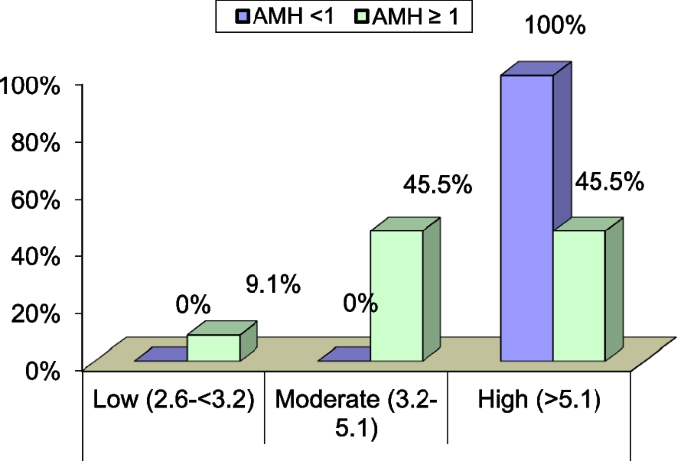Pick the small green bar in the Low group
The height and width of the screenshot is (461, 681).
click(x=213, y=347)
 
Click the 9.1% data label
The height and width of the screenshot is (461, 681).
click(x=271, y=287)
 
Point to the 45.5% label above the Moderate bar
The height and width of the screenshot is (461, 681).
click(x=435, y=185)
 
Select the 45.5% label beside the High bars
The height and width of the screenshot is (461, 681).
click(x=608, y=182)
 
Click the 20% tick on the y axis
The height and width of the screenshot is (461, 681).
click(x=36, y=313)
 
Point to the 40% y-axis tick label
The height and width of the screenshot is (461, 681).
click(x=36, y=256)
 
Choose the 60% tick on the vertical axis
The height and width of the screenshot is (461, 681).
click(x=36, y=200)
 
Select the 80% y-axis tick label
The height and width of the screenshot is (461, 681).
click(x=36, y=143)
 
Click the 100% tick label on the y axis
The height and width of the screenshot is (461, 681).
click(x=31, y=86)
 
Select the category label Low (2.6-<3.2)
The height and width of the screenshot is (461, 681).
click(x=173, y=401)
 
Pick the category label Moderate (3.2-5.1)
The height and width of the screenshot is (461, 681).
click(x=356, y=414)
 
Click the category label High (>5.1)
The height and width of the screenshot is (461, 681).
click(x=540, y=401)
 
